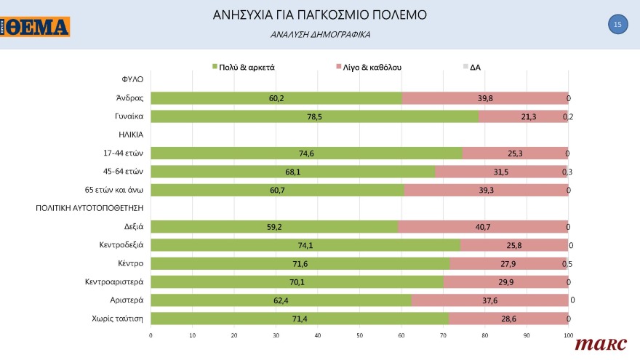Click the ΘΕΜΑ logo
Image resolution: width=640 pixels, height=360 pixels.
[36, 28]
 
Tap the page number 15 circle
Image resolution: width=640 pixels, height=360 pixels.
[617, 25]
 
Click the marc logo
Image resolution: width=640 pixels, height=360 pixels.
[596, 344]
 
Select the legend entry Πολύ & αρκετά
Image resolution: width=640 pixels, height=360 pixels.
[242, 67]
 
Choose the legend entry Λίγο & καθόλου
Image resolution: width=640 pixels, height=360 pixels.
[368, 67]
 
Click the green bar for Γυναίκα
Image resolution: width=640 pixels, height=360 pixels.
[314, 116]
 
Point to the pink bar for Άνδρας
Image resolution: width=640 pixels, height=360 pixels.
[484, 98]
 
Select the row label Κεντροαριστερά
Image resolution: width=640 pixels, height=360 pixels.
[114, 281]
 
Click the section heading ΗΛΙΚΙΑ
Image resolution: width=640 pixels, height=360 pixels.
[131, 135]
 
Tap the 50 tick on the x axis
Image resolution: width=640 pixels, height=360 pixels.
[359, 335]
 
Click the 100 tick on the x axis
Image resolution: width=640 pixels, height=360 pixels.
[568, 335]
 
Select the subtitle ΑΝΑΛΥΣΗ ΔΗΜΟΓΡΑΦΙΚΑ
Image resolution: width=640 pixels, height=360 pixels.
[320, 34]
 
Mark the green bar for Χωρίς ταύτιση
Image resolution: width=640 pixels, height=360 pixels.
[300, 319]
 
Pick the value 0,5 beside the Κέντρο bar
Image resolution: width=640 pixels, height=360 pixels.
[567, 263]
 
